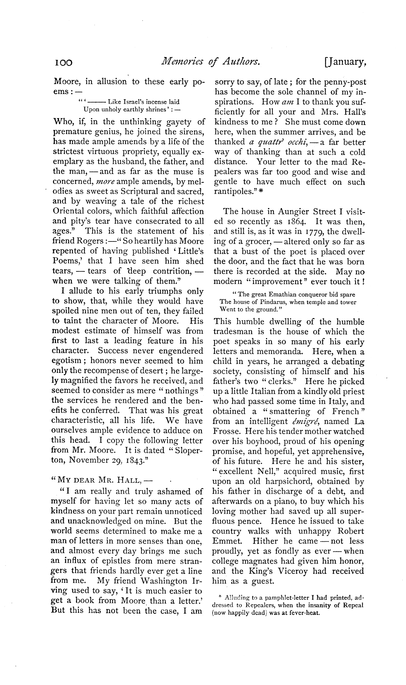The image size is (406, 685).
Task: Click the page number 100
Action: [62, 63]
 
